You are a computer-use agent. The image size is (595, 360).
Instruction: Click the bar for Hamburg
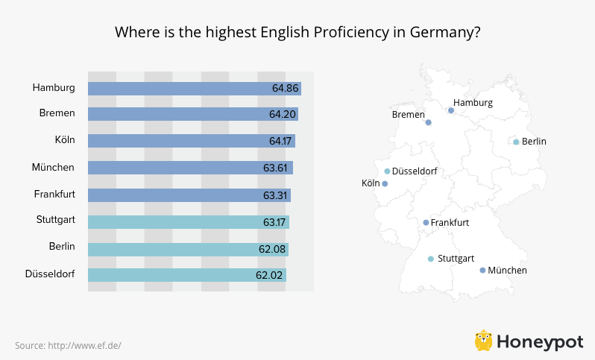tap(194, 88)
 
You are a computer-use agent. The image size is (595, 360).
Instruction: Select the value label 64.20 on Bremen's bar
tap(283, 115)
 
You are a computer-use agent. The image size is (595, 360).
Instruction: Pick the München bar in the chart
tap(190, 168)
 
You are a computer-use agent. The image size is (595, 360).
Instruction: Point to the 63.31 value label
tap(275, 195)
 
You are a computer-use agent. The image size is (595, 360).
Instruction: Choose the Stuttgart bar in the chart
tap(188, 222)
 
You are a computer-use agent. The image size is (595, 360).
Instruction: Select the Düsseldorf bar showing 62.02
tap(186, 275)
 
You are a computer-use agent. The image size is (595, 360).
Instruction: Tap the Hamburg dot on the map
tap(451, 110)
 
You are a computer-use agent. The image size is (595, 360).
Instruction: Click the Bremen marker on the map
tap(429, 122)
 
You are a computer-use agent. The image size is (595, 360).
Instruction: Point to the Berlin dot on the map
tap(516, 142)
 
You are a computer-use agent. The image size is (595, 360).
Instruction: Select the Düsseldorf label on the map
tap(414, 171)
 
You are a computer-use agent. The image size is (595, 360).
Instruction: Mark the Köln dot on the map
tap(385, 183)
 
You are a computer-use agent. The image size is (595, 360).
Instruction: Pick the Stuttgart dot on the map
tap(430, 259)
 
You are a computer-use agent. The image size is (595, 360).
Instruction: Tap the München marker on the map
tap(482, 270)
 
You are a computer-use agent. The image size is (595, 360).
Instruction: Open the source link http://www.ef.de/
tap(84, 345)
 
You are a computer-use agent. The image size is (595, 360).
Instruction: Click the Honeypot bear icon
tap(483, 341)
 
